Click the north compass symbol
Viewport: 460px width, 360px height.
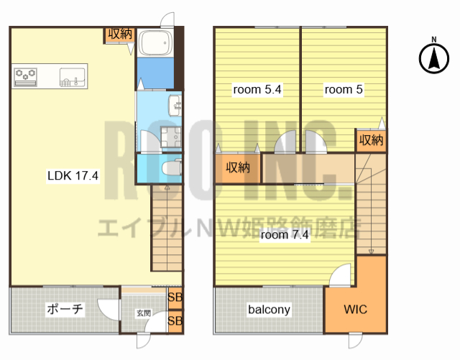click(434, 58)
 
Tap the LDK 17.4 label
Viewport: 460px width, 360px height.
click(73, 175)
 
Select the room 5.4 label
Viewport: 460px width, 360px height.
click(257, 89)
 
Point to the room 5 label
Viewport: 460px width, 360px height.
click(344, 89)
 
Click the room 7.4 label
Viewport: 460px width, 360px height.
click(285, 235)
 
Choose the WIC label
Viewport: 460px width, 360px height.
click(355, 309)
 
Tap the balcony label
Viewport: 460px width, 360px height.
click(269, 310)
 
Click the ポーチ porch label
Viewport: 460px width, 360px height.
click(65, 309)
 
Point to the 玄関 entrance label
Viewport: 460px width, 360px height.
click(144, 313)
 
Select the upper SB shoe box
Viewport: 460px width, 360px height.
click(175, 297)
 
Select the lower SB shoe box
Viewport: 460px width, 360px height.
click(175, 321)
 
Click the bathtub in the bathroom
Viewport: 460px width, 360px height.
click(155, 42)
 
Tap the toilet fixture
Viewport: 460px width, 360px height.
click(172, 168)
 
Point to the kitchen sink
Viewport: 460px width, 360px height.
click(72, 77)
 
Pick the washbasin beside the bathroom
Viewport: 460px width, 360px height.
click(175, 106)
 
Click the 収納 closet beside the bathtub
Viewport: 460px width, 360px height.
click(120, 34)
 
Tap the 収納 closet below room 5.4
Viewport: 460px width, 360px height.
click(238, 168)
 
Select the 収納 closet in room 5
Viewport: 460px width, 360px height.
click(371, 140)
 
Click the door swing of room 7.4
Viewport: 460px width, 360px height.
click(340, 275)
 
